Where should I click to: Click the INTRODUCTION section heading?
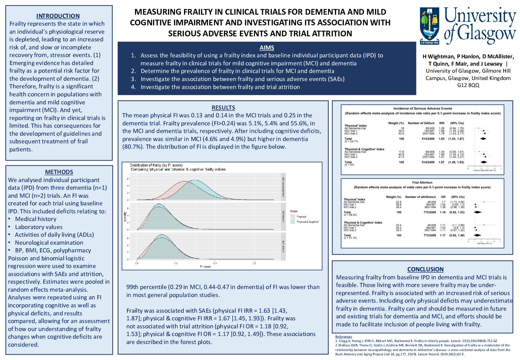click(x=58, y=16)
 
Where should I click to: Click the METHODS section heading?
click(x=59, y=172)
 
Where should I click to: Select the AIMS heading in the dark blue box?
click(x=267, y=48)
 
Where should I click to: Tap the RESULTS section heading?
click(x=223, y=108)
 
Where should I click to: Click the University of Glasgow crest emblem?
click(x=430, y=26)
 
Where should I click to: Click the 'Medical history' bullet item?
click(x=36, y=219)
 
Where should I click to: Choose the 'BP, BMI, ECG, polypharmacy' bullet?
click(x=53, y=250)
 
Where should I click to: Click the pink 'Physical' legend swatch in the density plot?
click(x=293, y=217)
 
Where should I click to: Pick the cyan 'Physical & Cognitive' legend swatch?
click(x=293, y=221)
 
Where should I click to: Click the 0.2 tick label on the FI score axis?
click(x=176, y=263)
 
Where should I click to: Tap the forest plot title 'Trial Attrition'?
click(x=422, y=183)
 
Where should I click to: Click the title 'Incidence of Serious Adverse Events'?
click(x=422, y=108)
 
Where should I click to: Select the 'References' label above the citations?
click(x=344, y=337)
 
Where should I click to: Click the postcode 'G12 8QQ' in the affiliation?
click(x=468, y=85)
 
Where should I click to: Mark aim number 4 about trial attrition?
click(x=220, y=87)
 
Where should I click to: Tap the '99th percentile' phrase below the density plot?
click(x=146, y=287)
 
